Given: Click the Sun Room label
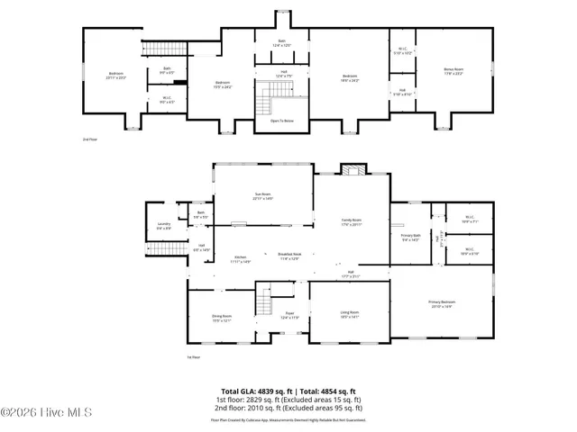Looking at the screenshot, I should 262,195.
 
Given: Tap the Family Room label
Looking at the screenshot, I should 352,220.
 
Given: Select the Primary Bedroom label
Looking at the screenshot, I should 442,304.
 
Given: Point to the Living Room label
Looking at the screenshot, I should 351,314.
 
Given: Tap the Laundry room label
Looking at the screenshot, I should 164,225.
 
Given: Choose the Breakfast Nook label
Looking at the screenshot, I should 289,257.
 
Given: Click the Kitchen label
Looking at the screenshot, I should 241,258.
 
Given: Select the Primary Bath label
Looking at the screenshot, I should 410,238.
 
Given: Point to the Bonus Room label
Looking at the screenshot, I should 453,70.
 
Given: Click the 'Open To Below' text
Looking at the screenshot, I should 283,119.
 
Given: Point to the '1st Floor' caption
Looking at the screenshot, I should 192,357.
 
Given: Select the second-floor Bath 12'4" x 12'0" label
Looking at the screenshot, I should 283,43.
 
